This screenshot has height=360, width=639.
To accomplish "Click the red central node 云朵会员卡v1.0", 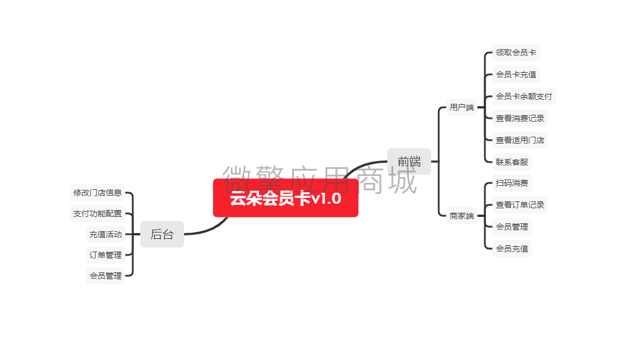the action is pos(286,198).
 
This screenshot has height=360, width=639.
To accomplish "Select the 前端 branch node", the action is pos(409,162).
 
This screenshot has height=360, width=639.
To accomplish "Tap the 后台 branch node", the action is pos(162,234).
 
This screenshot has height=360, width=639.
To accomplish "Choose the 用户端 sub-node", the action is pos(462,107).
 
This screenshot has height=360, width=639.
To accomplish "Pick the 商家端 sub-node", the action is pos(462,216).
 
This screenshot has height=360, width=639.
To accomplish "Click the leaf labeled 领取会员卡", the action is pos(516,52).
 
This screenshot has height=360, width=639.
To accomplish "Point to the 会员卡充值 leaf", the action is pos(516,74).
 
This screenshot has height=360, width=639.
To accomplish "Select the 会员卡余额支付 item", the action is pos(524,96).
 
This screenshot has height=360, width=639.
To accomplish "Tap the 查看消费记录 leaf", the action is pos(520,118).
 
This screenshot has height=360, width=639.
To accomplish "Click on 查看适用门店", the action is pos(520,141).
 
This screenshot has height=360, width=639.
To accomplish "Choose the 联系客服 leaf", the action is pos(512,162).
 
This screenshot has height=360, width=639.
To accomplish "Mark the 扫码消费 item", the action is pos(512,183).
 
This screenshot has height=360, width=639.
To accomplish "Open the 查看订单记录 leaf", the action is pos(520,205).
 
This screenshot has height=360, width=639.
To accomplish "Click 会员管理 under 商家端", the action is pos(512,227).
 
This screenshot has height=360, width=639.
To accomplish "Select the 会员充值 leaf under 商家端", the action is pos(512,249).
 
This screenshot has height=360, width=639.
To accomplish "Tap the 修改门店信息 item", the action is pos(98,193).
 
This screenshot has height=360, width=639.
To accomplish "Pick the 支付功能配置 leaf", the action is pos(98,213).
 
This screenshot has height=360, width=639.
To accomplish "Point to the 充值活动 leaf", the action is pos(106,234).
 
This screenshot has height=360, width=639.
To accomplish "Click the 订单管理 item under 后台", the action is pos(106,255).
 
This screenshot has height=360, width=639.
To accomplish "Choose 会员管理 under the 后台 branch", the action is pos(106,276).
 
